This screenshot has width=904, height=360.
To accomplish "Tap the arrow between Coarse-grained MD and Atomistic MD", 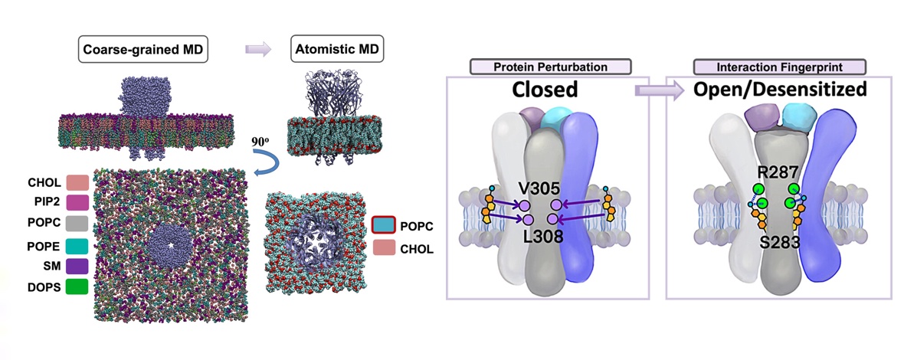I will pos(257,50).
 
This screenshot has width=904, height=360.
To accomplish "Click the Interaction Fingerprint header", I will pos(780,67).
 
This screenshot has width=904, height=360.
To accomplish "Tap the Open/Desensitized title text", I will pos(780,89).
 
